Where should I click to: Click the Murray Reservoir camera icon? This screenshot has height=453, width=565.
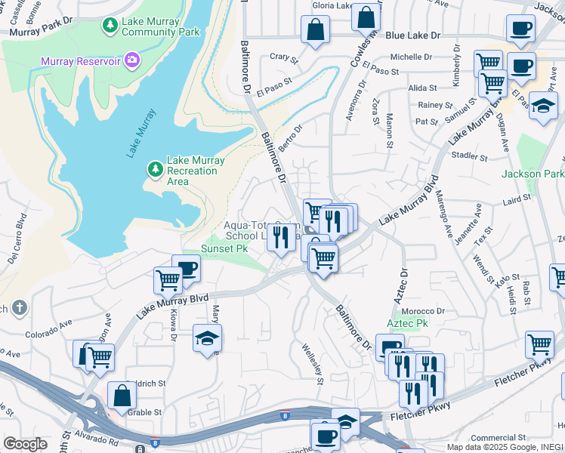[x=132, y=58]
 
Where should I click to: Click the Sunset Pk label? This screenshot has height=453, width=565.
[x=224, y=248]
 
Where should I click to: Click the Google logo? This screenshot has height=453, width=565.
[x=26, y=444]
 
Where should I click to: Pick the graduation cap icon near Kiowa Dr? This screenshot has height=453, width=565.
[x=206, y=338]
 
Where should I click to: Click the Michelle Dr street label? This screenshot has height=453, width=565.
[x=410, y=57]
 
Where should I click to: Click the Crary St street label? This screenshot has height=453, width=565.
[x=280, y=57]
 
